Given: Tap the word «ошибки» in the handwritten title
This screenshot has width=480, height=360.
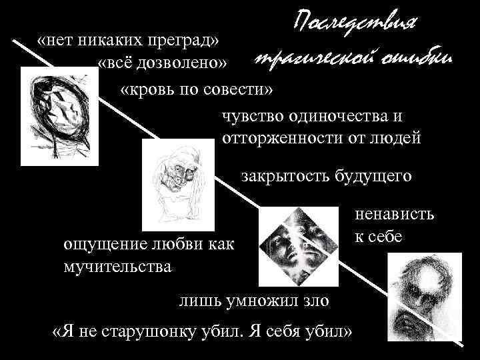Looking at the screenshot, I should [415, 57].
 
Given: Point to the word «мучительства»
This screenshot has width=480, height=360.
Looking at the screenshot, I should [117, 267].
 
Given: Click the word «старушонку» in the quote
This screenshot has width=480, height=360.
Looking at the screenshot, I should [163, 331].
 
